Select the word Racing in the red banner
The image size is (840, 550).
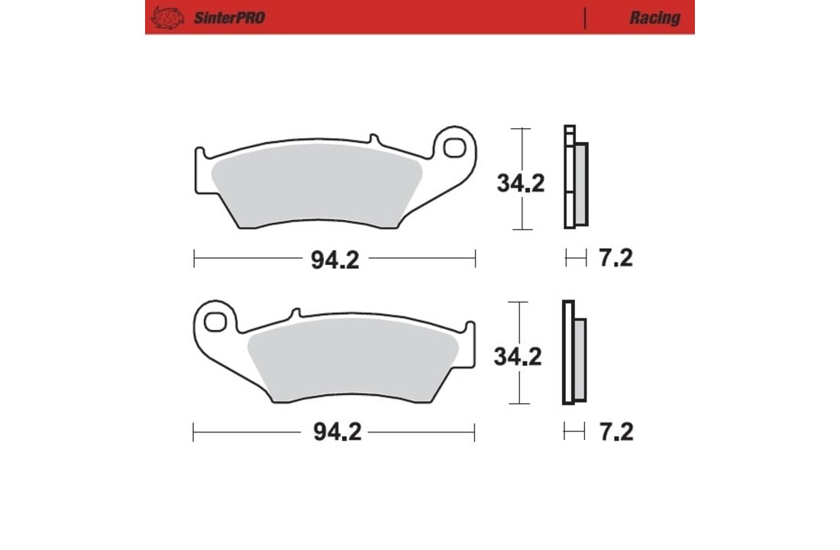point(654,18)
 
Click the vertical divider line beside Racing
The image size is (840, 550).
point(585,18)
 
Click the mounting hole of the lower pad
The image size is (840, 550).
point(215,321)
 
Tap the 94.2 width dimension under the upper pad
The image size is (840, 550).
point(334,260)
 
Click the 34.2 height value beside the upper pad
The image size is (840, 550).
point(520,183)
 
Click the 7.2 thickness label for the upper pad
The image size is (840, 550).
point(615,259)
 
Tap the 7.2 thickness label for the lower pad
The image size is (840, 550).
point(615,433)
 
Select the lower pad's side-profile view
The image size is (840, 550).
point(574,353)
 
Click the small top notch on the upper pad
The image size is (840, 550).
point(373,139)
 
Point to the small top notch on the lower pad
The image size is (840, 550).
point(297,312)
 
